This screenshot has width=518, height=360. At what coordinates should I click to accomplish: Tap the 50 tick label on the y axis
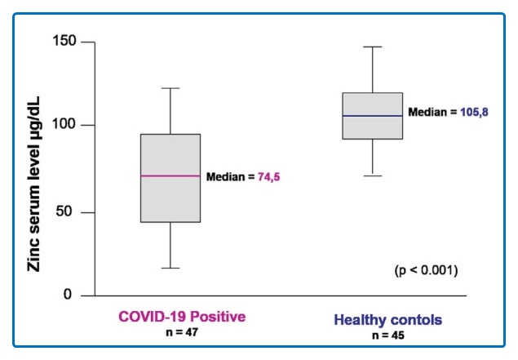point(72,212)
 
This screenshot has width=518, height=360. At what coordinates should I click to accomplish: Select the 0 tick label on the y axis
point(76,295)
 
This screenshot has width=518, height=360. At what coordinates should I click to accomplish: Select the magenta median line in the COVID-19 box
point(170,176)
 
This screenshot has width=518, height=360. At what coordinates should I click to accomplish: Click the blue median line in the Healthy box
point(372,116)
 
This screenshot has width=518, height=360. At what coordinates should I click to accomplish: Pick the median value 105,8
point(467,113)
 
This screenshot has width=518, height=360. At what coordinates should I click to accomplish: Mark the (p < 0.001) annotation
point(425,269)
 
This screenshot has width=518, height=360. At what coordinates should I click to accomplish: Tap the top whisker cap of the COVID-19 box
point(170,88)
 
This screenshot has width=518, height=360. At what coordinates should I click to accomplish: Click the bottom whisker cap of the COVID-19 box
point(170,268)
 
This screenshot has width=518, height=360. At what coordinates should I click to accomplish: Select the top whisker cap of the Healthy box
point(372,47)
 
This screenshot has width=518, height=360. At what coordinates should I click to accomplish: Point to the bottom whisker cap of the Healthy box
point(372,176)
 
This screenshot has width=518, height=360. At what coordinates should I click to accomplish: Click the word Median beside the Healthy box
point(427,113)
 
